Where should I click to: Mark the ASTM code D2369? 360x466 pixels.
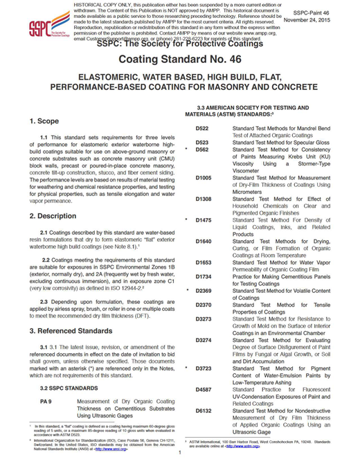tap(204, 289)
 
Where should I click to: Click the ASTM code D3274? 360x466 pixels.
tap(204, 341)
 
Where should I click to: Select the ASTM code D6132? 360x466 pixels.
tap(204, 411)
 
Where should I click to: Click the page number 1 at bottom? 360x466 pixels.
tap(179, 453)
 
